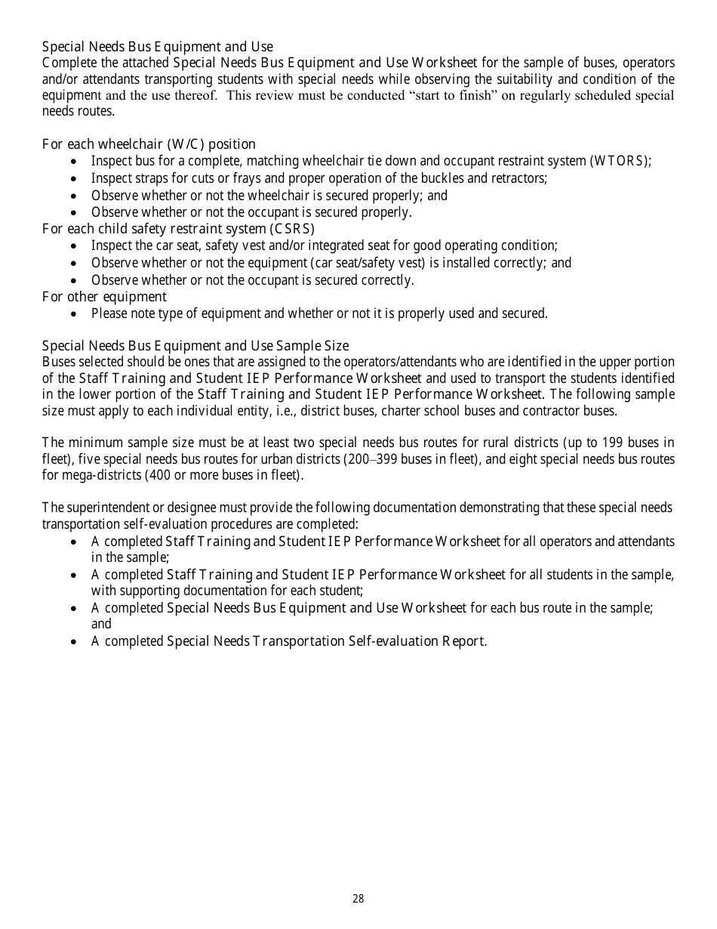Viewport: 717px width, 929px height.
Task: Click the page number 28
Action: pos(358,899)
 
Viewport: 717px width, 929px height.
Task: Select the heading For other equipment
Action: pos(104,297)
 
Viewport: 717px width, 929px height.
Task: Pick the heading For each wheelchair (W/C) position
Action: pos(149,144)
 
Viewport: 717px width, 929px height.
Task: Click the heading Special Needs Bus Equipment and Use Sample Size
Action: pos(195,346)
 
